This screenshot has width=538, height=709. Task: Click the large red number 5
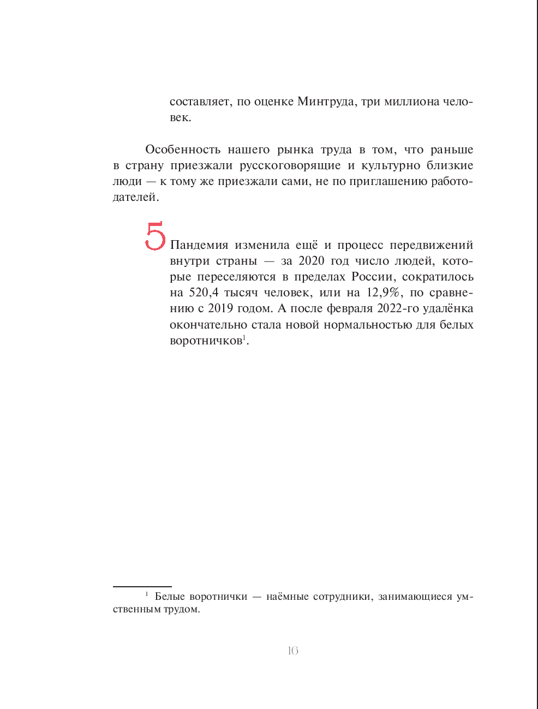tap(155, 236)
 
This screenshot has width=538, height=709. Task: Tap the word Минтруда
tap(325, 102)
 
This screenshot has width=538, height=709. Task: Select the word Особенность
tap(183, 150)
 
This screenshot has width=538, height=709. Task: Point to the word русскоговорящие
tap(290, 165)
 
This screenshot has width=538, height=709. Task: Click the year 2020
tap(311, 261)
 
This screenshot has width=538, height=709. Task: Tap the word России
tap(374, 277)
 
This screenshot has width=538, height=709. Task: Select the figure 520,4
tap(204, 293)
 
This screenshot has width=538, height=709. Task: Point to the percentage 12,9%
tap(384, 293)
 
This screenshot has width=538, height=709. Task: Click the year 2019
tap(220, 308)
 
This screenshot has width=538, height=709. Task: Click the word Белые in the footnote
tap(170, 597)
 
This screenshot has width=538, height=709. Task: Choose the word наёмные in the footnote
tap(286, 597)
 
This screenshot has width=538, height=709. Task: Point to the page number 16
tap(293, 651)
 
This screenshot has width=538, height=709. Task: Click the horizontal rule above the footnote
tap(142, 587)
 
